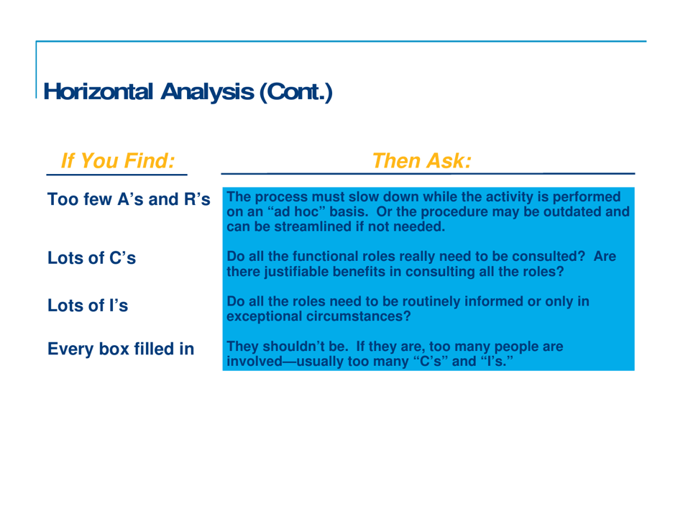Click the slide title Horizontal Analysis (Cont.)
(188, 92)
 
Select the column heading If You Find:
(117, 160)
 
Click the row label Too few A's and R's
(129, 198)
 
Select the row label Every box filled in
(120, 349)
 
